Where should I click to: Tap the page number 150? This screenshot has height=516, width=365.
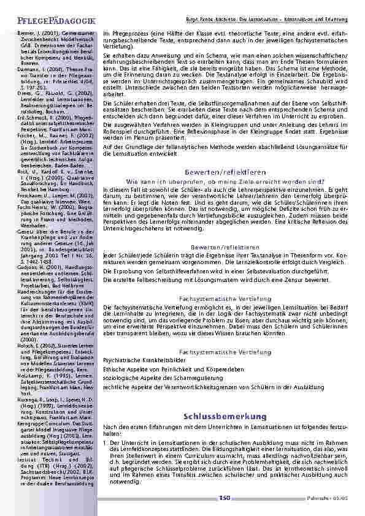tap(224, 497)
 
